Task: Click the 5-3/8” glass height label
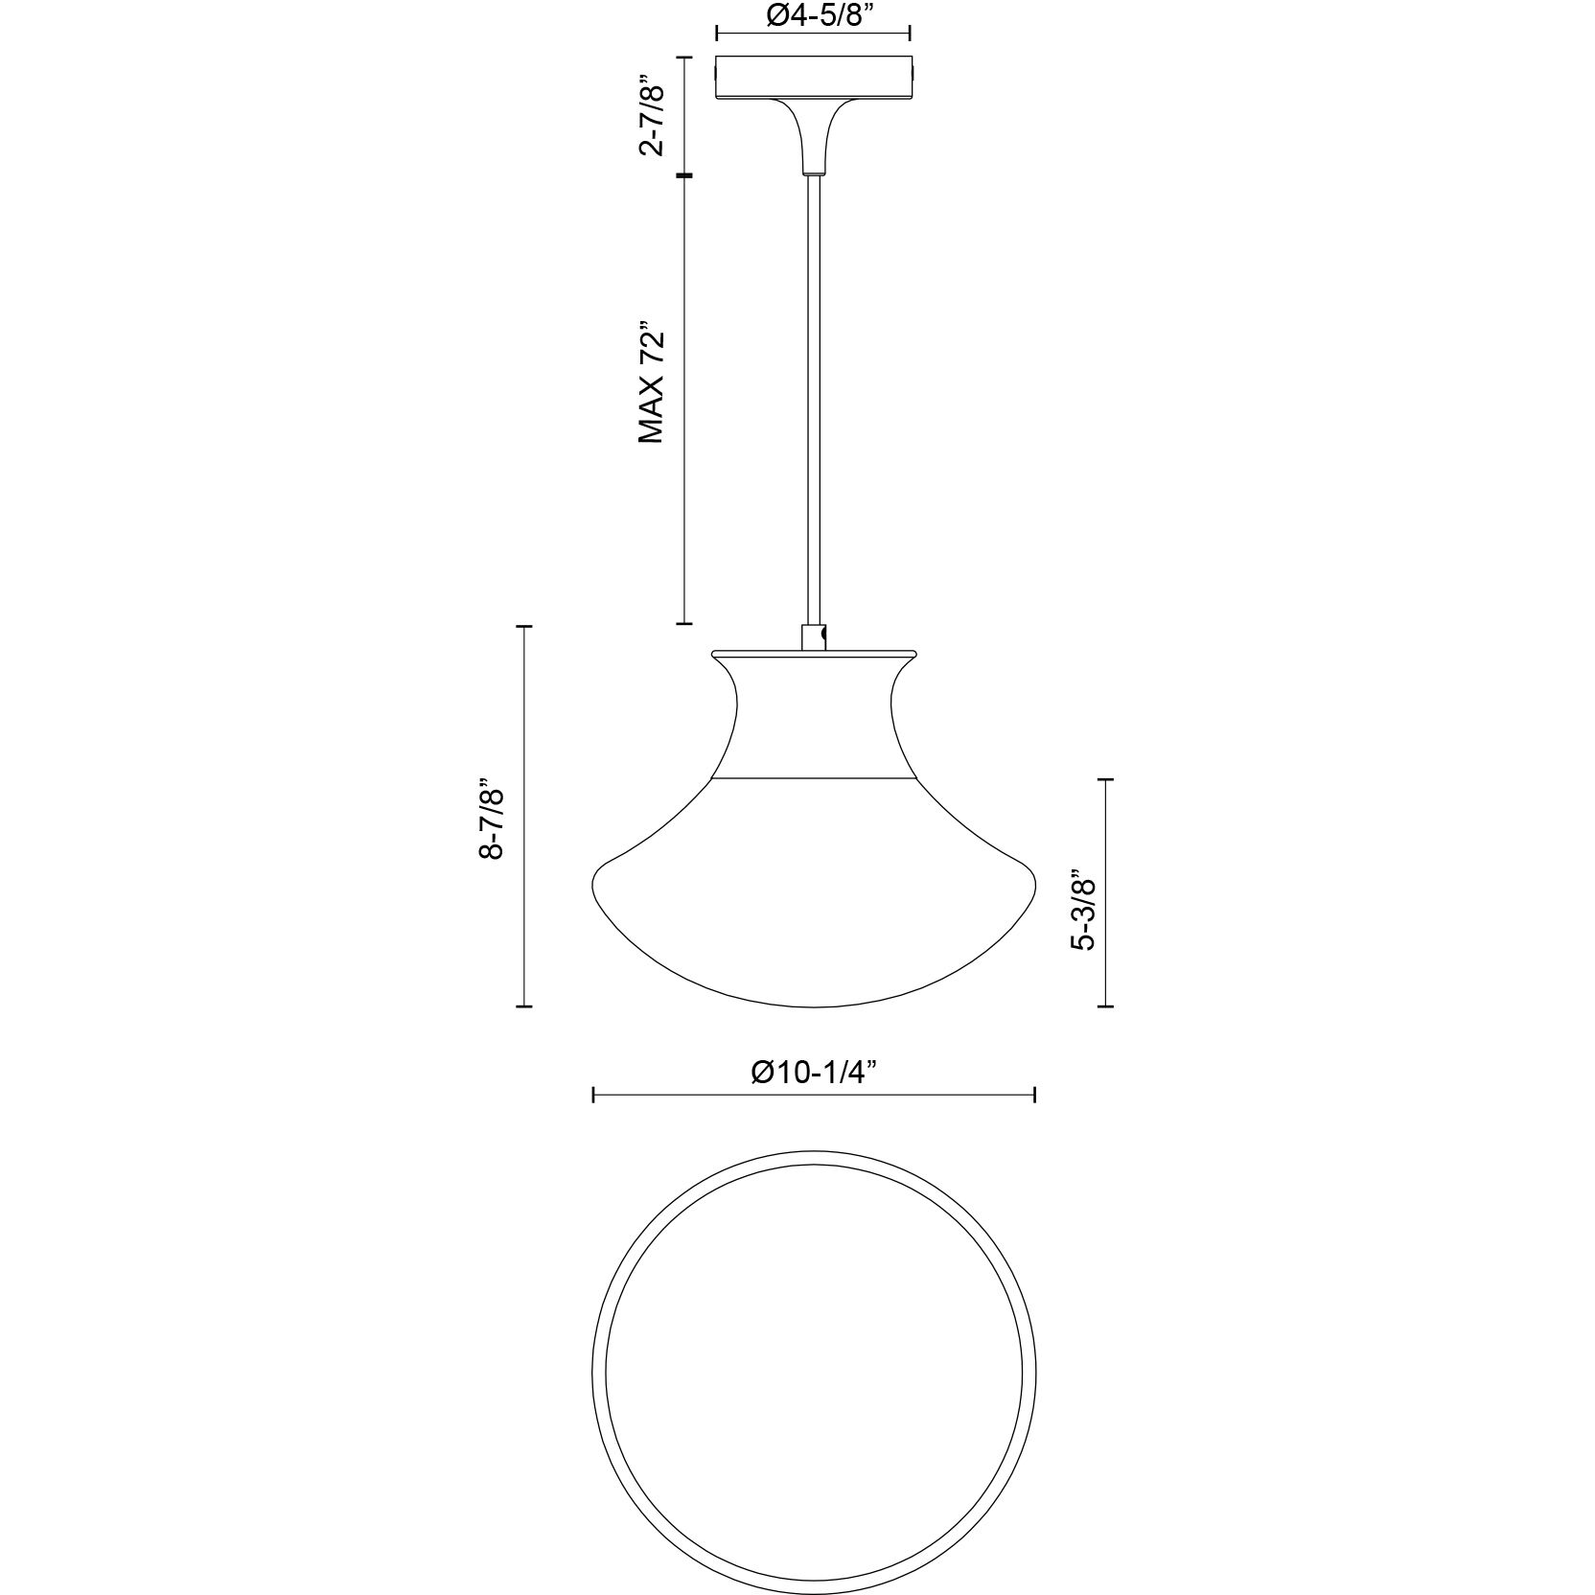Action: [1084, 910]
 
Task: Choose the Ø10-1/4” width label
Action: [814, 1074]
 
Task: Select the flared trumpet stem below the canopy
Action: [813, 134]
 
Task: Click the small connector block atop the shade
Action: [813, 637]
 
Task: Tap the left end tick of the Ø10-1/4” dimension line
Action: [594, 1096]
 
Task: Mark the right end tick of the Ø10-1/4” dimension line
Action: [1035, 1096]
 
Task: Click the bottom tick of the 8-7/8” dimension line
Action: [523, 1006]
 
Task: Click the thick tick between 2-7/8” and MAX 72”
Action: [683, 175]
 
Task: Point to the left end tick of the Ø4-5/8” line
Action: [717, 35]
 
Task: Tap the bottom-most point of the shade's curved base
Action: [814, 1006]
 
